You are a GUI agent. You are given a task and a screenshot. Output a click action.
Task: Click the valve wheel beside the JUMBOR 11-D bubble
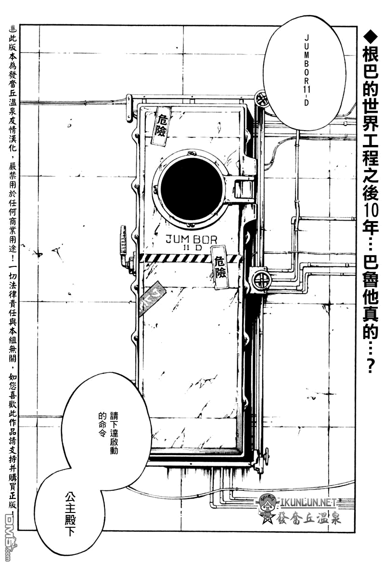point(262,100)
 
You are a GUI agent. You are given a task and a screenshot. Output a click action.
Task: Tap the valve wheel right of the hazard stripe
point(260,280)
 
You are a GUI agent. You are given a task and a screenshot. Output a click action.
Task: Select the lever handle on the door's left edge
point(124,241)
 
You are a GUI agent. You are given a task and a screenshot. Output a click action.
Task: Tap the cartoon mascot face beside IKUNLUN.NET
point(268,504)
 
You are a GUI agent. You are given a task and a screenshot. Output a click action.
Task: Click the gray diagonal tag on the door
point(152,302)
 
